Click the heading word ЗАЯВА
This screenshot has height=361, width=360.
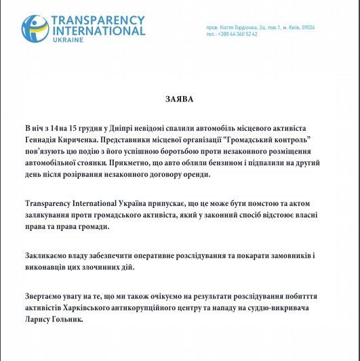(179, 99)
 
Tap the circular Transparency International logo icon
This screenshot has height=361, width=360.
(35, 28)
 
